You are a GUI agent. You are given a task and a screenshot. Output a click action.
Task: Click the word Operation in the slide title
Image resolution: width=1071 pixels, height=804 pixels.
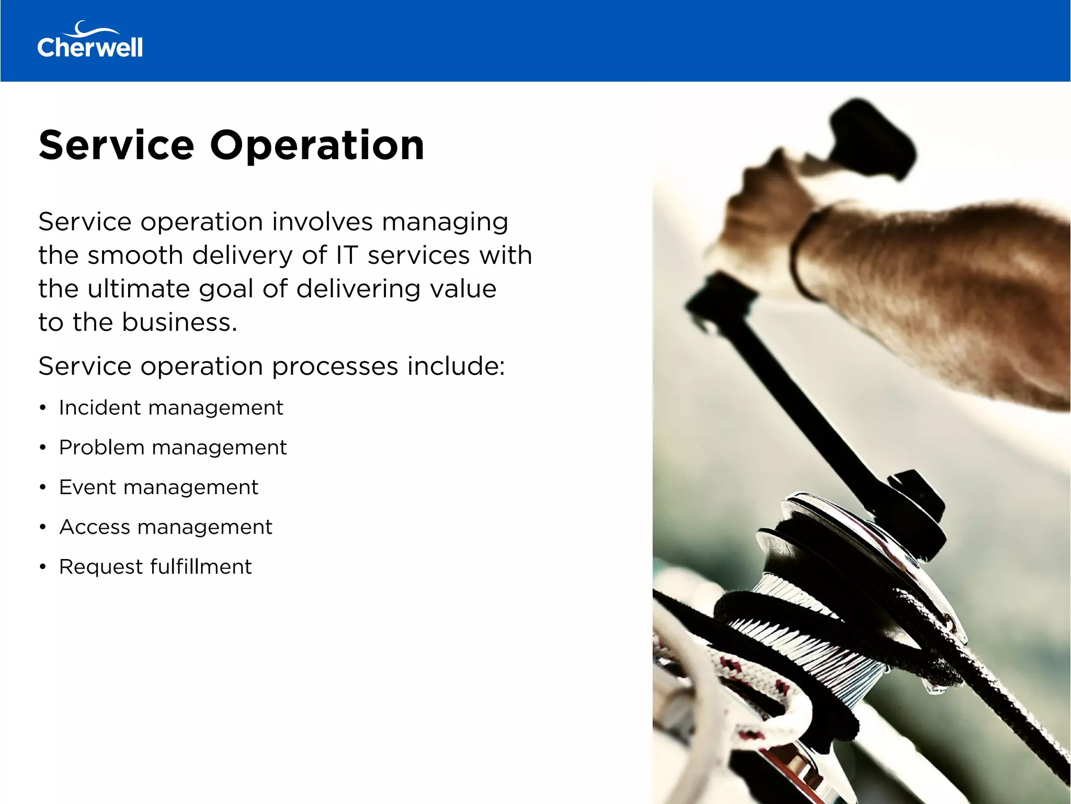pos(317,145)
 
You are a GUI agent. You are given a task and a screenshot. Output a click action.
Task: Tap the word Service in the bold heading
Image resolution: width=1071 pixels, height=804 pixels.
pos(116,145)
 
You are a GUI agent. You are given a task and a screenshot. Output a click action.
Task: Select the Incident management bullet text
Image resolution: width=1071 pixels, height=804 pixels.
pos(170,408)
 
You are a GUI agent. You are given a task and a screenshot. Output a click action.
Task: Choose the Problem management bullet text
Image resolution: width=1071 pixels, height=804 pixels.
pos(173,448)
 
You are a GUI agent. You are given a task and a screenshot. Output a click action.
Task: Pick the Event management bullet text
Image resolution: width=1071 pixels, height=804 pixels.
pos(158,487)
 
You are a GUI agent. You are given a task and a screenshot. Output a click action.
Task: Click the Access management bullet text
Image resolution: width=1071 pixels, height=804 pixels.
pos(166,527)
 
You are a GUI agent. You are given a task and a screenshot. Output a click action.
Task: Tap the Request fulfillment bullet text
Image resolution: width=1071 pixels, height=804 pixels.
pos(155,567)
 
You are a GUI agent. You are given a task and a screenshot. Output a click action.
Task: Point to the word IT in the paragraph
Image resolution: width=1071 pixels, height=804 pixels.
pos(347,255)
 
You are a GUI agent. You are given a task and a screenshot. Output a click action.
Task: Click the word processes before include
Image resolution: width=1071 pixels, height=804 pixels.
pos(335,366)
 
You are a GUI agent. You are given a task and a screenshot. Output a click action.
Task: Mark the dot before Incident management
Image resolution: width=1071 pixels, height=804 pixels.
pos(43,408)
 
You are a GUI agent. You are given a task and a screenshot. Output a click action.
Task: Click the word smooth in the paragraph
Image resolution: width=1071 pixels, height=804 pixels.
pos(135,255)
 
